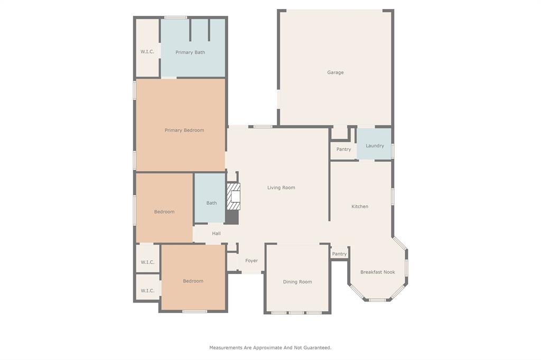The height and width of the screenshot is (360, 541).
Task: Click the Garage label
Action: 335,72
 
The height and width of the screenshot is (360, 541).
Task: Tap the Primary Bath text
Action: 190,52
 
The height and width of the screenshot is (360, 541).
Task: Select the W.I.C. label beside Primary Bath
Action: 147,52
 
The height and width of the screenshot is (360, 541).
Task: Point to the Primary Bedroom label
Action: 184,130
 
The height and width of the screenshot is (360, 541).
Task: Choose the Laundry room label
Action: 375,146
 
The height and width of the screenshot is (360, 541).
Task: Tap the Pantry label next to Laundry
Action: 343,149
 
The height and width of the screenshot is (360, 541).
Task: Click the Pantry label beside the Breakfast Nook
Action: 339,254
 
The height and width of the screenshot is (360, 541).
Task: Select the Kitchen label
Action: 360,206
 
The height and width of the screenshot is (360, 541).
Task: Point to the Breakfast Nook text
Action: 377,272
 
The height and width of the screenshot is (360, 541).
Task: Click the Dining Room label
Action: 297,282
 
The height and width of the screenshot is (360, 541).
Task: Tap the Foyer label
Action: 251,261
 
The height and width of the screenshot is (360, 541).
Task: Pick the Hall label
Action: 216,233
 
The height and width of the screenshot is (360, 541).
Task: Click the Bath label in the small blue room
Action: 211,203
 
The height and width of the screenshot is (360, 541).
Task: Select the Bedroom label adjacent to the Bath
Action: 164,212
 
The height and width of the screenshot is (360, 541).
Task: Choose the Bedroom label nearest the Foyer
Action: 193,281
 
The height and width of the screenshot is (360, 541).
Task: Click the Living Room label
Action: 281,187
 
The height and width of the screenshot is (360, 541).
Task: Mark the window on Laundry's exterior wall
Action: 393,150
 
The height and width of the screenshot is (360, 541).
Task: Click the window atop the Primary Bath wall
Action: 175,17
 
